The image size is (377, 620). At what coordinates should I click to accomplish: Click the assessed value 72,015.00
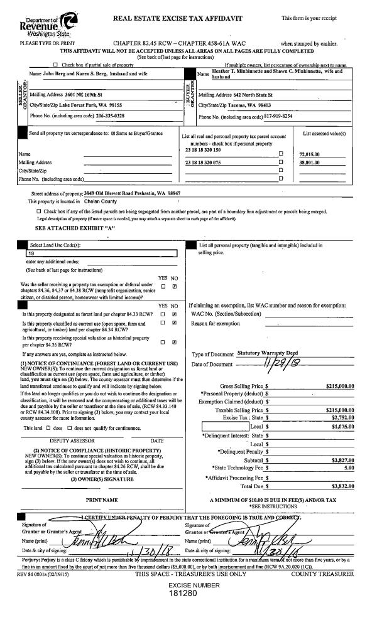pyautogui.click(x=310, y=154)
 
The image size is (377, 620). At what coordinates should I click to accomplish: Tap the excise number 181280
pyautogui.click(x=186, y=593)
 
